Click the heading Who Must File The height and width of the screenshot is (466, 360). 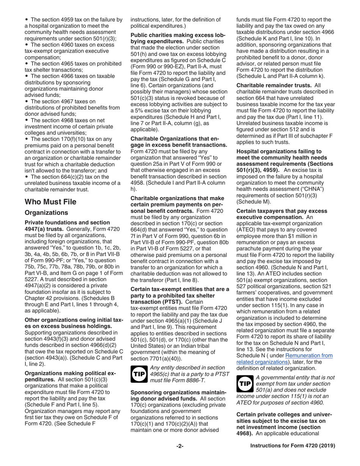(50, 202)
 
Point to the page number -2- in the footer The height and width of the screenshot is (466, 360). (180, 446)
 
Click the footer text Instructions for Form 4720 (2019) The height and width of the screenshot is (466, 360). (293, 446)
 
